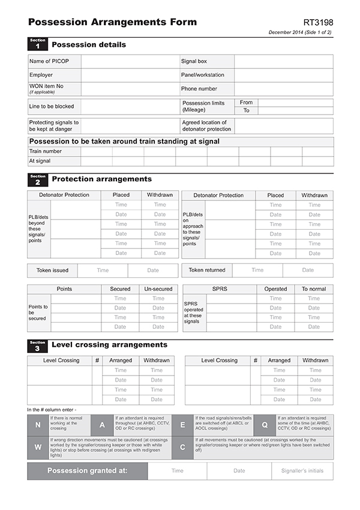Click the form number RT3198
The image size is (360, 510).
click(317, 22)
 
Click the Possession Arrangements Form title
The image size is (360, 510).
click(112, 22)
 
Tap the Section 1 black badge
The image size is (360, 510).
click(37, 44)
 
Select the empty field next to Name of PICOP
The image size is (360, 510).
click(130, 61)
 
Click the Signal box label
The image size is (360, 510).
click(194, 61)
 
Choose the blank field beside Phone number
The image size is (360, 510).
click(283, 89)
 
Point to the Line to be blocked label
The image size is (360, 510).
click(52, 106)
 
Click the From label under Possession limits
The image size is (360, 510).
click(246, 103)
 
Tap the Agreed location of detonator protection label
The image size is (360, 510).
click(206, 125)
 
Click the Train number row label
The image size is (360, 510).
click(46, 151)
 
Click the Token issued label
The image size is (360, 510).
click(52, 271)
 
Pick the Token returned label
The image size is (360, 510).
click(207, 271)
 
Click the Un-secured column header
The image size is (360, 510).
click(158, 289)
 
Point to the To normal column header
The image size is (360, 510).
click(314, 289)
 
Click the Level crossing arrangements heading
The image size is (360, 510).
click(109, 345)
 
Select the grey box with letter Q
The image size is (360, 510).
click(264, 425)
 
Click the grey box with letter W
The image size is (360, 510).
click(38, 447)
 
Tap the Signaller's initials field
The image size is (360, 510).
click(302, 471)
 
